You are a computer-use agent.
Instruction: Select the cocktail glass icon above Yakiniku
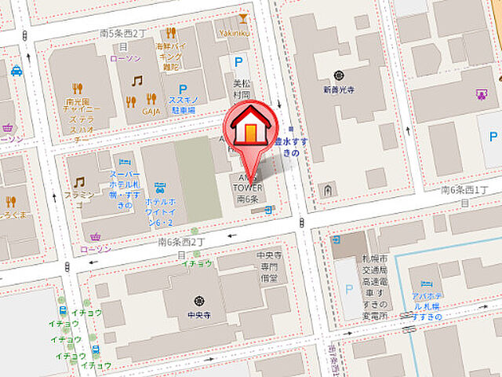pyautogui.click(x=243, y=17)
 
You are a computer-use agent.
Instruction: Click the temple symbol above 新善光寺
pyautogui.click(x=338, y=75)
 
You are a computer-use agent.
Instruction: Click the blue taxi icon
pyautogui.click(x=16, y=71)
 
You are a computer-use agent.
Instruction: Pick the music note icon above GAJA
pyautogui.click(x=137, y=81)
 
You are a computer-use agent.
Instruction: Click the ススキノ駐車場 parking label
pyautogui.click(x=182, y=105)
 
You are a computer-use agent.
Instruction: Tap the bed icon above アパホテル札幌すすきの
pyautogui.click(x=426, y=284)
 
